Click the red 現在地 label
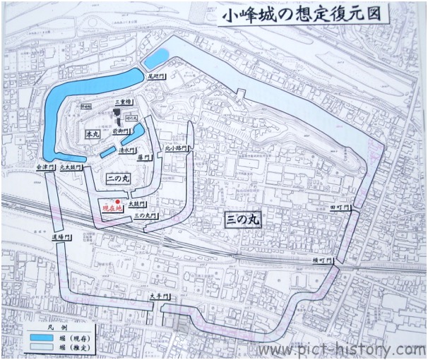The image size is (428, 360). click(x=113, y=210)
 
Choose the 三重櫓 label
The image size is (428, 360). click(x=124, y=102)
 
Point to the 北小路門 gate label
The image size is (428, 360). click(x=174, y=150)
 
